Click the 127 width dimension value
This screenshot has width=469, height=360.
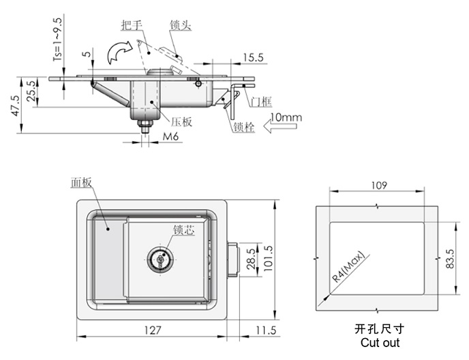point(153,330)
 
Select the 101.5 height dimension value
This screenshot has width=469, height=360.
point(269,258)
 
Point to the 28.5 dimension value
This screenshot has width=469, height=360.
point(252,259)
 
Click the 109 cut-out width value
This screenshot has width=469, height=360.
point(379,185)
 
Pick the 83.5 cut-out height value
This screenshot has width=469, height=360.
point(450,259)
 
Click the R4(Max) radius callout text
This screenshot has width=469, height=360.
point(349,267)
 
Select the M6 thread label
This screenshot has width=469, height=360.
point(170,136)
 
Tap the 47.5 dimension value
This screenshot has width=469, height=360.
point(15,105)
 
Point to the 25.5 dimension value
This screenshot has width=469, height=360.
point(32,91)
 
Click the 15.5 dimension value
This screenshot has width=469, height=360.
point(253,57)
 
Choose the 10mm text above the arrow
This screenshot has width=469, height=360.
point(286,117)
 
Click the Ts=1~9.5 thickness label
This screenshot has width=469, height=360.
point(58,40)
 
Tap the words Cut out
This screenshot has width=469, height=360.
point(380,343)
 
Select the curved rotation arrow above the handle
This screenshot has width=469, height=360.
point(120,52)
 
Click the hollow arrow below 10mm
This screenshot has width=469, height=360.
point(280,126)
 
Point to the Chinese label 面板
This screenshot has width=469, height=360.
point(81,183)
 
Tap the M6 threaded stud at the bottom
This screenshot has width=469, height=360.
point(145,126)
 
